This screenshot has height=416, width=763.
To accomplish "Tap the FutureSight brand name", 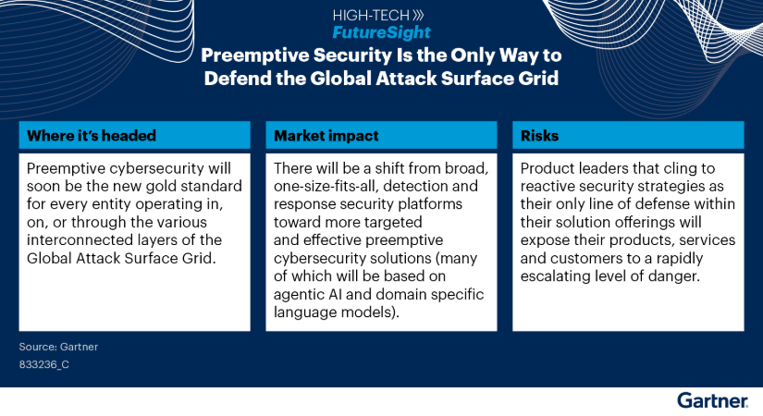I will [x=381, y=32].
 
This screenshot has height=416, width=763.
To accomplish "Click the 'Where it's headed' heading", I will [x=92, y=135].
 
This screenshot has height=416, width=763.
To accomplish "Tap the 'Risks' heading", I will [x=539, y=135].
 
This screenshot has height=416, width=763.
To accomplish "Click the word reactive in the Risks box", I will [x=548, y=186].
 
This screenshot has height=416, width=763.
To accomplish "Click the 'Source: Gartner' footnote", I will [x=57, y=347].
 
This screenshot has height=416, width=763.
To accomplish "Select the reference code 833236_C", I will [x=43, y=365].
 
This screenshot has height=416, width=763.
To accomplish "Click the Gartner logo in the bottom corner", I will [x=712, y=400].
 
